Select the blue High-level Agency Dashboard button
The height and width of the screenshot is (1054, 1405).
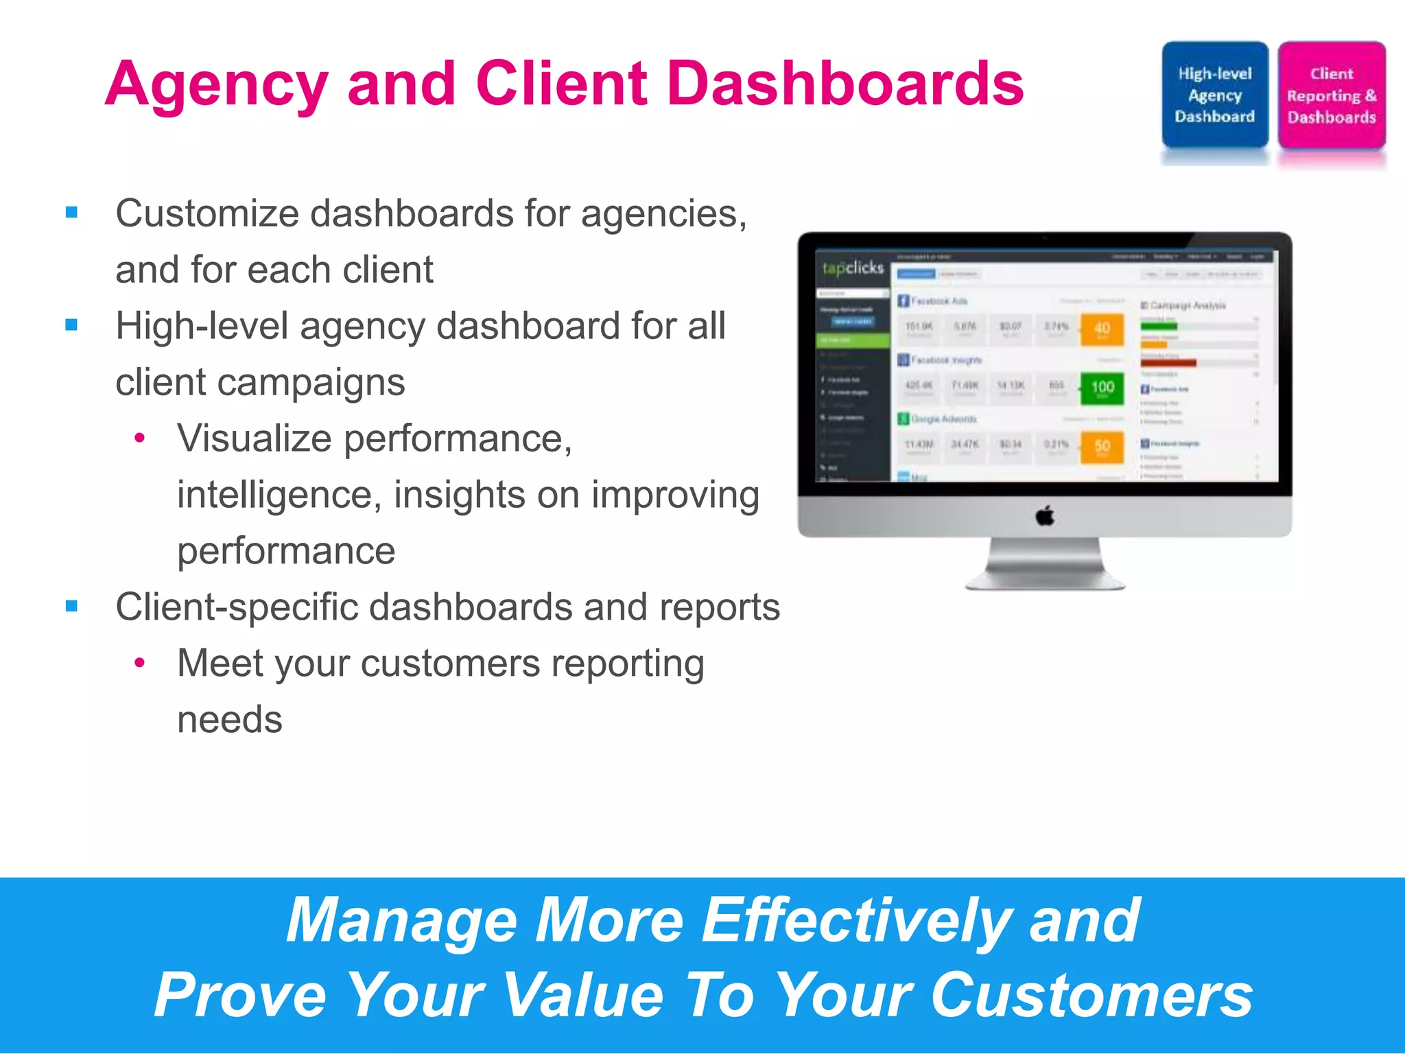pos(1214,95)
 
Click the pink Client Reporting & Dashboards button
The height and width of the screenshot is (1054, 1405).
pos(1331,95)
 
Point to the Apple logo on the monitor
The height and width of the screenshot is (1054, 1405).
pos(1045,515)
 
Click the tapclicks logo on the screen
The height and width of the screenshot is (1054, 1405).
pos(853,268)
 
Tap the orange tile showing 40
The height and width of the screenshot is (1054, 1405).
pos(1102,329)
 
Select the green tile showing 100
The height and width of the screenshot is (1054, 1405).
pos(1102,388)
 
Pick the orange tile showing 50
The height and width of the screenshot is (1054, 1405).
pos(1102,447)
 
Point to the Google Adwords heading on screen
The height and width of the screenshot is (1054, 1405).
pos(943,419)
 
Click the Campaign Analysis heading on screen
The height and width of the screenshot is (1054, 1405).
pos(1188,305)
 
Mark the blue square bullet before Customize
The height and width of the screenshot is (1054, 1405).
pos(72,213)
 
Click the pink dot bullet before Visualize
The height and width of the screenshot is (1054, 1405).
pos(140,438)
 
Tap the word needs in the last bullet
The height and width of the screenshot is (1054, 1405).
pos(230,720)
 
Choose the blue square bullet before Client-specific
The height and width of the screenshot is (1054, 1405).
pos(72,607)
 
